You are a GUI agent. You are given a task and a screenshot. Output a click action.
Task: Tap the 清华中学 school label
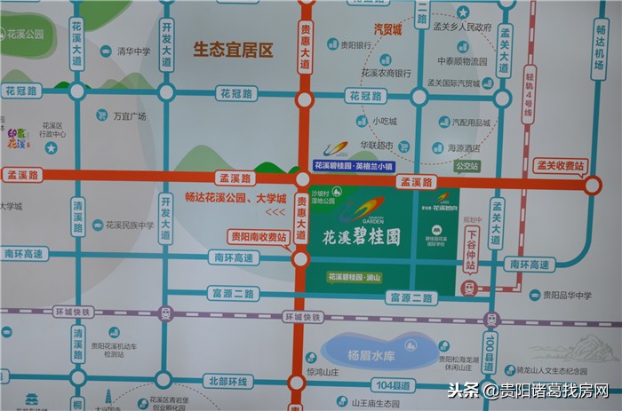coord(133,51)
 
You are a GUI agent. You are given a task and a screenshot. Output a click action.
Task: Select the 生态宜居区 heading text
coord(233,50)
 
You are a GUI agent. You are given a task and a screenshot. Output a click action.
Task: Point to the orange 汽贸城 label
coord(387,30)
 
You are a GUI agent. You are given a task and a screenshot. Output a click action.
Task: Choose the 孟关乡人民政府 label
coord(460,28)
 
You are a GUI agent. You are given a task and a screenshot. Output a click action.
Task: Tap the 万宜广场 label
coord(129,115)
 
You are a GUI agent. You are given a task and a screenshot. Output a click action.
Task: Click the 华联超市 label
coord(377,144)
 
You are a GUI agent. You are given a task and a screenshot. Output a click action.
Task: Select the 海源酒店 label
coord(463,148)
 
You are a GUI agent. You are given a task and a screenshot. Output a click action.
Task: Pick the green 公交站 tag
coord(466,166)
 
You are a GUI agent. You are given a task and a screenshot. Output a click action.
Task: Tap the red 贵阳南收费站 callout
coord(258,237)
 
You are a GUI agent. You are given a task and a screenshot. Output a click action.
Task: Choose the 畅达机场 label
coord(604,54)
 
